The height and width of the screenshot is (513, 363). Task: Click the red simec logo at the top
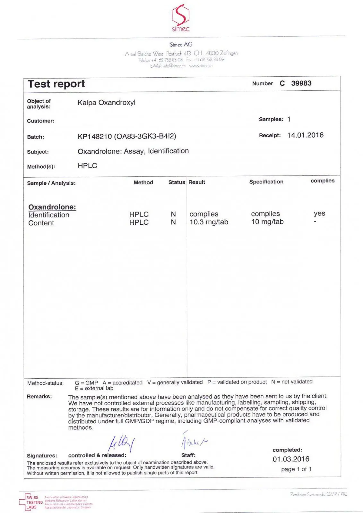(x=180, y=18)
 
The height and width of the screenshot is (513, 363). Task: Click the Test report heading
(x=56, y=84)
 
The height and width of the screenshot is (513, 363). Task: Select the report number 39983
(x=301, y=83)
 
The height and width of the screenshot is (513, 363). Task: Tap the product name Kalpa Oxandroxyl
(x=106, y=103)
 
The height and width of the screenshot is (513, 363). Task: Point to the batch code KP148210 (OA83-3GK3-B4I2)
(x=127, y=136)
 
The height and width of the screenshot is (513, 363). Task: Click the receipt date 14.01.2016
(x=305, y=135)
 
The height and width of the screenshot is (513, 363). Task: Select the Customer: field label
(x=41, y=121)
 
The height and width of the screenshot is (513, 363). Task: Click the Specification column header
(x=266, y=182)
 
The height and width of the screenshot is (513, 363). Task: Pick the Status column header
(x=177, y=182)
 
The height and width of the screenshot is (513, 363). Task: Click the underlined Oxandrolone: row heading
(x=52, y=207)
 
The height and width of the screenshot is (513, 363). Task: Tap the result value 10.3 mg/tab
(x=209, y=222)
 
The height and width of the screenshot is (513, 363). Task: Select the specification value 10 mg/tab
(x=267, y=222)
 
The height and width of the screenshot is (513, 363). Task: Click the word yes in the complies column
(x=319, y=214)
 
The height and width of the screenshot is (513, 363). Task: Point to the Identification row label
(x=49, y=215)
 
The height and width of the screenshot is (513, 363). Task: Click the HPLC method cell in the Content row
(x=139, y=222)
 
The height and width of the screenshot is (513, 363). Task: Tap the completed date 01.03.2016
(x=291, y=459)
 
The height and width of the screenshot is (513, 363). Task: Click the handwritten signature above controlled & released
(x=122, y=443)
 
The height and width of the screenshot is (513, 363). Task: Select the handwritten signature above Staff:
(x=194, y=442)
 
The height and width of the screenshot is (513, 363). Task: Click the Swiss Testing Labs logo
(x=31, y=502)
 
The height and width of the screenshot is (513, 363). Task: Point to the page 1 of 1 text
(x=296, y=469)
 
